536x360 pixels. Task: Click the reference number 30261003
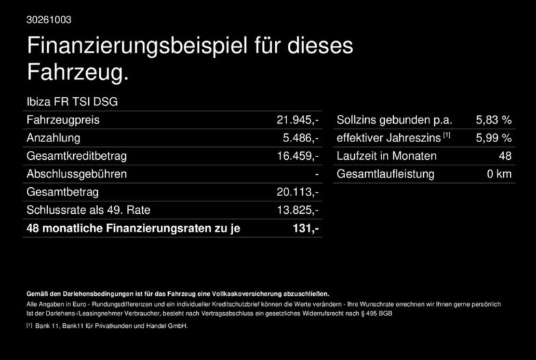[x=49, y=20]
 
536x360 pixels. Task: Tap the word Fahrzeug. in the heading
[x=78, y=72]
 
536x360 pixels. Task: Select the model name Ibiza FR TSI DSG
[x=72, y=102]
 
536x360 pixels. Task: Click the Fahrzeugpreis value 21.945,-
[x=297, y=120]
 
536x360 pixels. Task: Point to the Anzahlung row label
[x=53, y=138]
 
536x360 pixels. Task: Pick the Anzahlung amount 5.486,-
[x=301, y=138]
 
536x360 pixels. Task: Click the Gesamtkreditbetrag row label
[x=77, y=156]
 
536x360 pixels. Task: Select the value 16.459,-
[x=297, y=156]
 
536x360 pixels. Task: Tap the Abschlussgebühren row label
[x=77, y=174]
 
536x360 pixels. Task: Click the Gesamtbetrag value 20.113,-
[x=297, y=192]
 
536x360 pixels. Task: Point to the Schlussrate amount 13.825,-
[x=297, y=210]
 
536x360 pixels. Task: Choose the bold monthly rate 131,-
[x=306, y=228]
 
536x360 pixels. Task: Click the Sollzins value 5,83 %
[x=494, y=120]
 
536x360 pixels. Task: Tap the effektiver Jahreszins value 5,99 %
[x=494, y=138]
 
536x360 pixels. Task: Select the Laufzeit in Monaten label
[x=387, y=156]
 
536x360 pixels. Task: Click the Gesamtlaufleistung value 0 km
[x=499, y=174]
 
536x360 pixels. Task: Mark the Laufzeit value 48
[x=505, y=156]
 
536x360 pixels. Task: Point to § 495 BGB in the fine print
[x=376, y=313]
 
